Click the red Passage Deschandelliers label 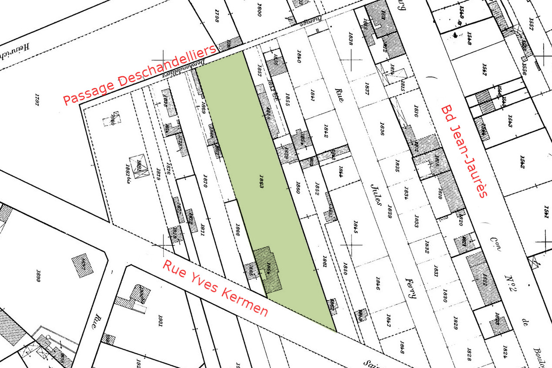(x=140, y=75)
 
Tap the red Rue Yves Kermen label (x=215, y=289)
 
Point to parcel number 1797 (x=37, y=101)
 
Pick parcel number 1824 (x=505, y=350)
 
